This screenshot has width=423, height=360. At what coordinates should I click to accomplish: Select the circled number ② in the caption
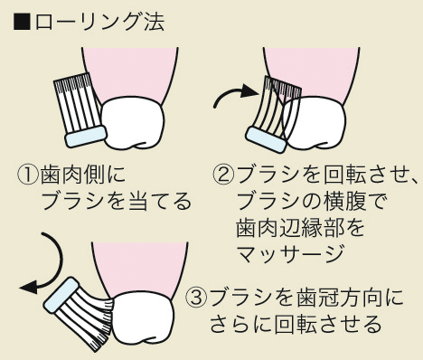pos(224,173)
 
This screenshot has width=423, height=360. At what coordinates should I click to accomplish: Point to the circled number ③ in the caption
pos(196,298)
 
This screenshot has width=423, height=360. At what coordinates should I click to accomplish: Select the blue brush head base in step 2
pos(269,137)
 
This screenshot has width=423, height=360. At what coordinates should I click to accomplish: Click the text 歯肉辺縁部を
pos(299,226)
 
